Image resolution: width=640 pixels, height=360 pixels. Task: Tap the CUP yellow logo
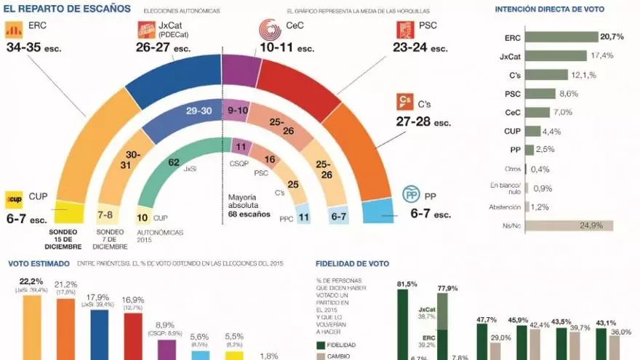coord(15,198)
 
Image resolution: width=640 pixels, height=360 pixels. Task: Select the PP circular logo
coord(412,195)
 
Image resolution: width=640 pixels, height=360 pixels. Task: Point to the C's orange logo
coord(404,101)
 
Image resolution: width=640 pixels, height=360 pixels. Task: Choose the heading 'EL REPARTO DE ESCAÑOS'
coord(68,9)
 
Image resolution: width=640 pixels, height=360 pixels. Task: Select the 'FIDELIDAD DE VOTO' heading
coord(353,264)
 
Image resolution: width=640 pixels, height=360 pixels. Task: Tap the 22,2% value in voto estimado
coord(31,281)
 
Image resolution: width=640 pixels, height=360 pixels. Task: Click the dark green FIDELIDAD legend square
coord(321,345)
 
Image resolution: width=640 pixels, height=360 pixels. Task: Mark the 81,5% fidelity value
coord(407,284)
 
